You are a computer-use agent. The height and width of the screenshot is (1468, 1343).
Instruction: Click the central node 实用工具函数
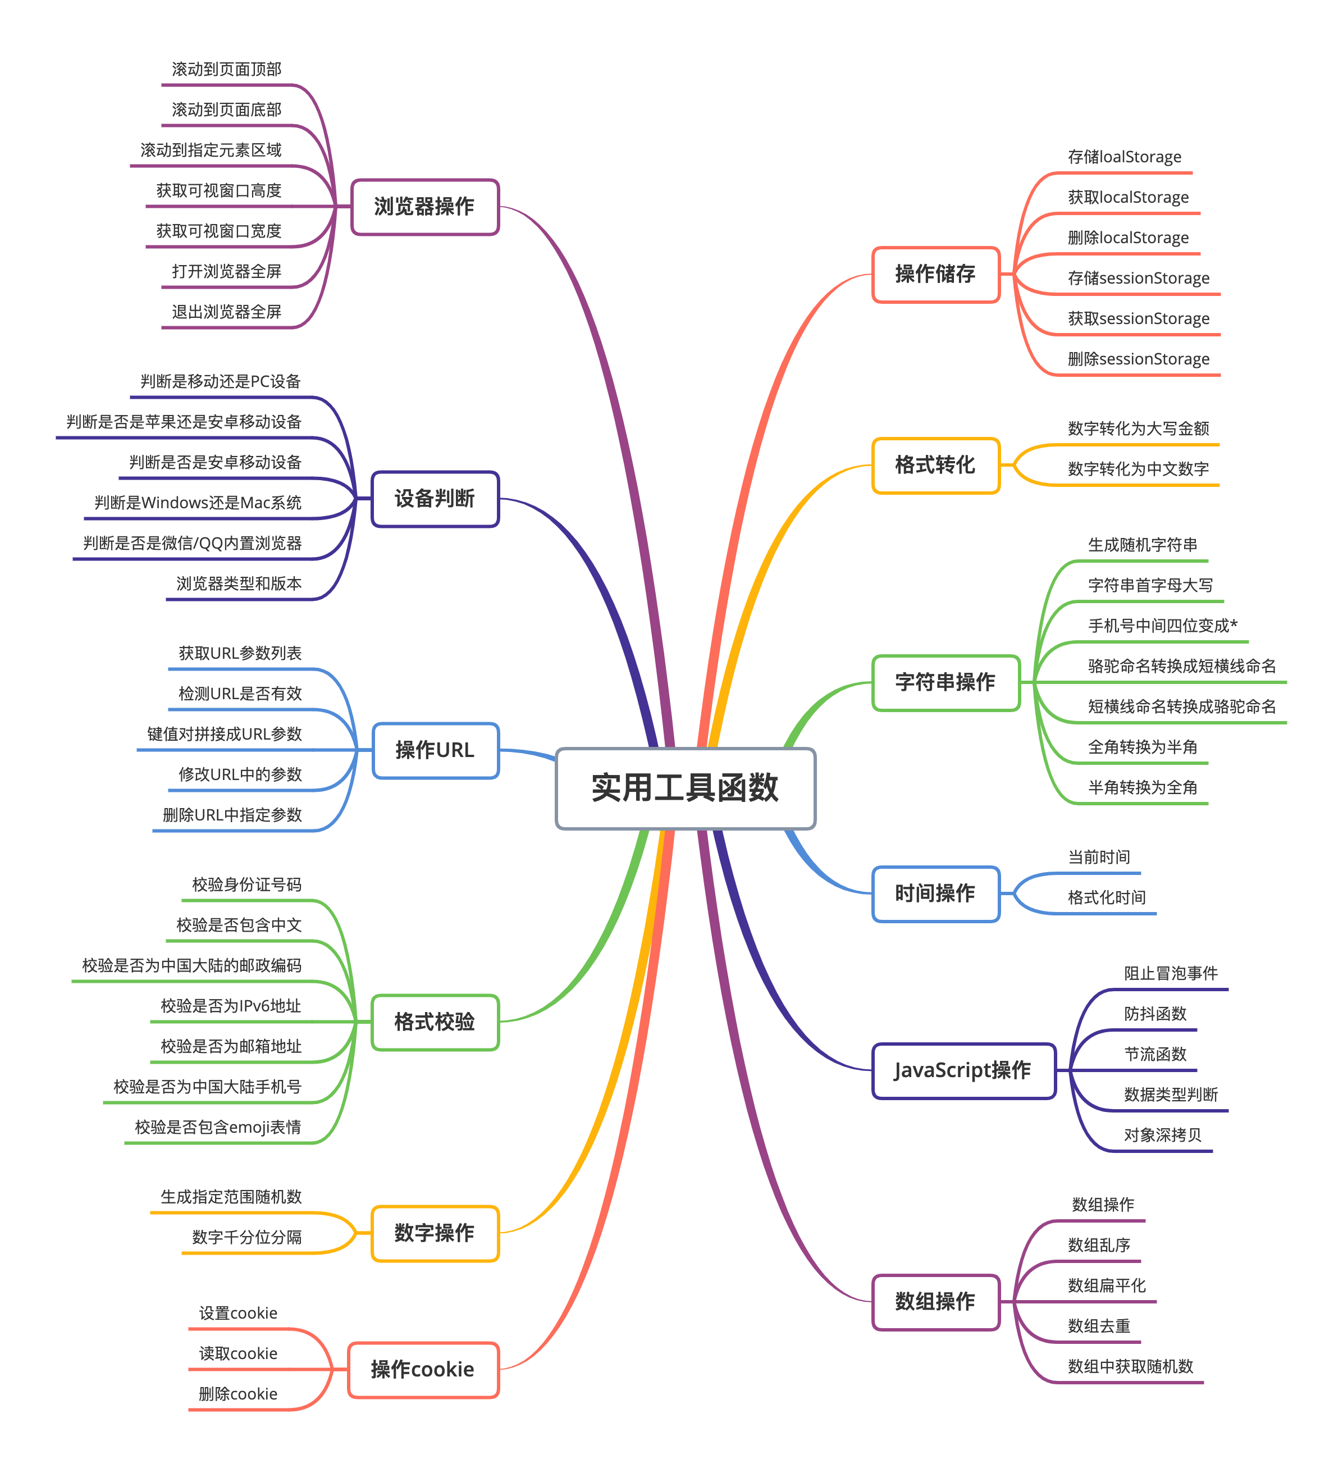685,788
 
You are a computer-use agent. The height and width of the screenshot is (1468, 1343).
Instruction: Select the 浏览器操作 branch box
424,207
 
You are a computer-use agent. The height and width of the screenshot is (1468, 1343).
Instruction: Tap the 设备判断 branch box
435,499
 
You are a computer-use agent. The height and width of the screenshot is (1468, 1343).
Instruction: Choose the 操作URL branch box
435,750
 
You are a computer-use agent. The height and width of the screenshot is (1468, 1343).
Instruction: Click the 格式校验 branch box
435,1022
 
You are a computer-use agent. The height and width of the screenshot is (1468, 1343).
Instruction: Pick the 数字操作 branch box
435,1233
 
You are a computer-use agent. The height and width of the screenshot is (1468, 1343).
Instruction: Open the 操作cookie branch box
423,1370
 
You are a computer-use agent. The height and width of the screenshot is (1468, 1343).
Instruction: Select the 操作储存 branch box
935,275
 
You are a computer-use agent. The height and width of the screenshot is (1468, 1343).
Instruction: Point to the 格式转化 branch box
935,466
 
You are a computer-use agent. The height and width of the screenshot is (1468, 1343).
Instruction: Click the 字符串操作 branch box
945,682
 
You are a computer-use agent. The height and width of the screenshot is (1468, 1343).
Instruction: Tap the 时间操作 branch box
935,893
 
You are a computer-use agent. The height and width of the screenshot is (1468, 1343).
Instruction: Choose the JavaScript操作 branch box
963,1070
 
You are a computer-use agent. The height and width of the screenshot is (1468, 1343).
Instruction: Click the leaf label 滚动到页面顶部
226,69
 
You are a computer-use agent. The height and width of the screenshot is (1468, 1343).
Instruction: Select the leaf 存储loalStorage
1125,157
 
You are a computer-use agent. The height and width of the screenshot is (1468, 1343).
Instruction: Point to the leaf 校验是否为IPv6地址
231,1006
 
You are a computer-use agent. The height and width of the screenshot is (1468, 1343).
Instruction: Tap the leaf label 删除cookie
238,1394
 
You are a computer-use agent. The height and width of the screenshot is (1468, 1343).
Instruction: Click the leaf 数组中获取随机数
1130,1367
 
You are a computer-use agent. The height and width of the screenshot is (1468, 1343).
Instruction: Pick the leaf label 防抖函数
1155,1014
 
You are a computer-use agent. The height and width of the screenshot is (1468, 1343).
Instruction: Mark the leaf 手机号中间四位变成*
1162,626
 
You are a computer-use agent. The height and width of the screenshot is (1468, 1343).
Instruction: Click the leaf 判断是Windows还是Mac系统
198,503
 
